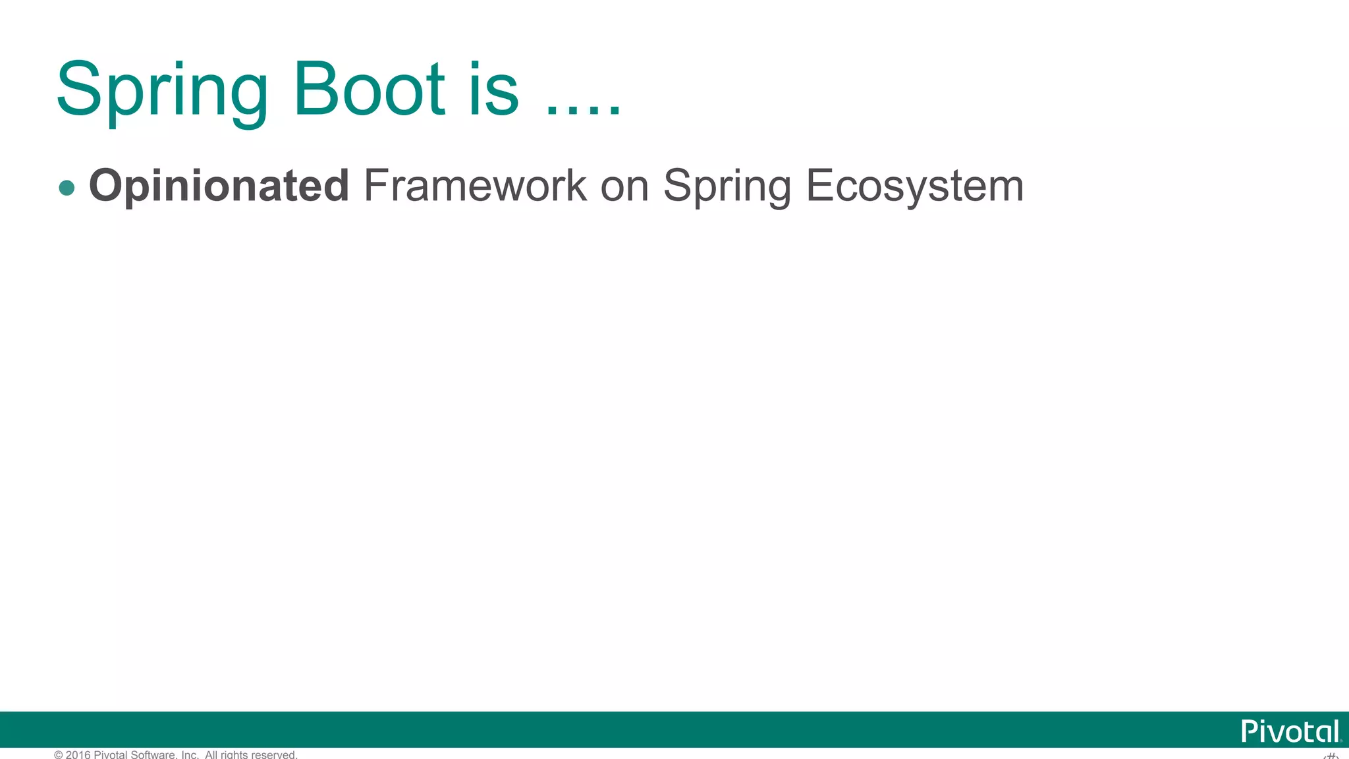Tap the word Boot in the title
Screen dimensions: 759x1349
click(x=370, y=89)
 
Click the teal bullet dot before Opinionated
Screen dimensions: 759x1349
click(x=67, y=188)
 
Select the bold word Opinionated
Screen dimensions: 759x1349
click(x=219, y=186)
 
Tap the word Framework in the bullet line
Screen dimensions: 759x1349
click(x=474, y=185)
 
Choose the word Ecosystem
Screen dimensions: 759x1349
click(x=915, y=186)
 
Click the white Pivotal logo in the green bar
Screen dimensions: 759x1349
click(x=1290, y=731)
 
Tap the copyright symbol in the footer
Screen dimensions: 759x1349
click(x=59, y=755)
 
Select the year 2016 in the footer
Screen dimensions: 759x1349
click(x=78, y=755)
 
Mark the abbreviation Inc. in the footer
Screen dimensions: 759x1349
click(x=190, y=755)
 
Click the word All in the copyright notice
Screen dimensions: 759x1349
click(x=211, y=755)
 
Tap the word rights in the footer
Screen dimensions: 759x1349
click(x=234, y=755)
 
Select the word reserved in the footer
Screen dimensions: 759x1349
click(x=274, y=755)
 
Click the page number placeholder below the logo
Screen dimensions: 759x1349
click(x=1331, y=756)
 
